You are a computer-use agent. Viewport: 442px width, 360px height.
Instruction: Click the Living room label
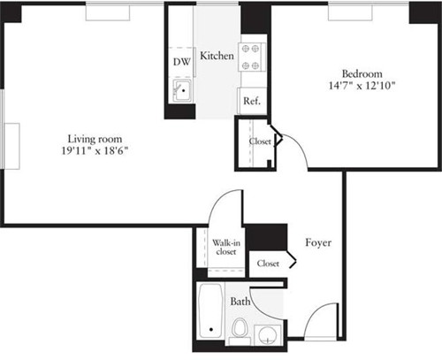tap(95, 139)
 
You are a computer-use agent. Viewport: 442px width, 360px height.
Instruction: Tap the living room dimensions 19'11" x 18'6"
tap(95, 151)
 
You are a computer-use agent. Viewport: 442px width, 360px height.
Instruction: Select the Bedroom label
tap(362, 73)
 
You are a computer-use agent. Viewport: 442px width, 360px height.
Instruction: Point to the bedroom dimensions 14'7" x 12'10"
tap(362, 86)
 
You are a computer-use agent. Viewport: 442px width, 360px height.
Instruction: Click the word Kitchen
tap(217, 56)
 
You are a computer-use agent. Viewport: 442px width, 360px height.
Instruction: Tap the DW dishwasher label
tap(182, 62)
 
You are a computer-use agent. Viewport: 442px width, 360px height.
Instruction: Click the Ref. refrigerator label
tap(252, 101)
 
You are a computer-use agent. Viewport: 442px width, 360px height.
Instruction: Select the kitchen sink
tap(182, 90)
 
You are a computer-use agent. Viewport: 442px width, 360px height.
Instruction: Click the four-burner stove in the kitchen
tap(251, 57)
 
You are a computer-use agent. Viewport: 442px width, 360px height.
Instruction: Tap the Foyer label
tap(318, 242)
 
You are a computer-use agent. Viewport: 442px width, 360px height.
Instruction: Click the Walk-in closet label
tap(226, 248)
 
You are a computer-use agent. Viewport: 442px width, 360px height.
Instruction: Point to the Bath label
tap(240, 302)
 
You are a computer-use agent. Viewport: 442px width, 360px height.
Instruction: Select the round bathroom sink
tap(268, 335)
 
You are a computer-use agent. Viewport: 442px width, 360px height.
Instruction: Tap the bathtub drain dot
tap(211, 329)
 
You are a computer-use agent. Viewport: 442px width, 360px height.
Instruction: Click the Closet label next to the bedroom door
tap(260, 142)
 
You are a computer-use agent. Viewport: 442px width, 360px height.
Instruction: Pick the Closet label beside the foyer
tap(268, 264)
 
